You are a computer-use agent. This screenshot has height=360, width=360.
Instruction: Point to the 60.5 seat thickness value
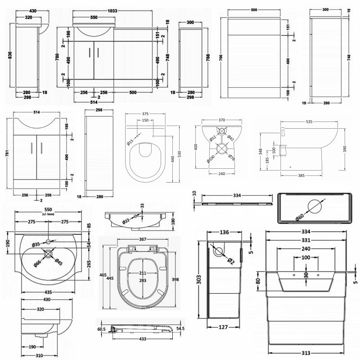(x=101, y=329)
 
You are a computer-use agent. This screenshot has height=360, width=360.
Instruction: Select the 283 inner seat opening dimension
(x=143, y=280)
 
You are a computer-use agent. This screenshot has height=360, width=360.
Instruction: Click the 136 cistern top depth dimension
(x=224, y=233)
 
